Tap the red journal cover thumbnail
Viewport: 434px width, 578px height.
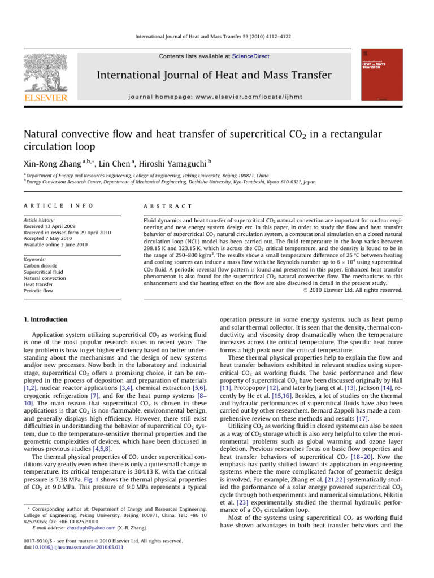click(x=381, y=76)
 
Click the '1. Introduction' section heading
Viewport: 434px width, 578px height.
click(x=48, y=319)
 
